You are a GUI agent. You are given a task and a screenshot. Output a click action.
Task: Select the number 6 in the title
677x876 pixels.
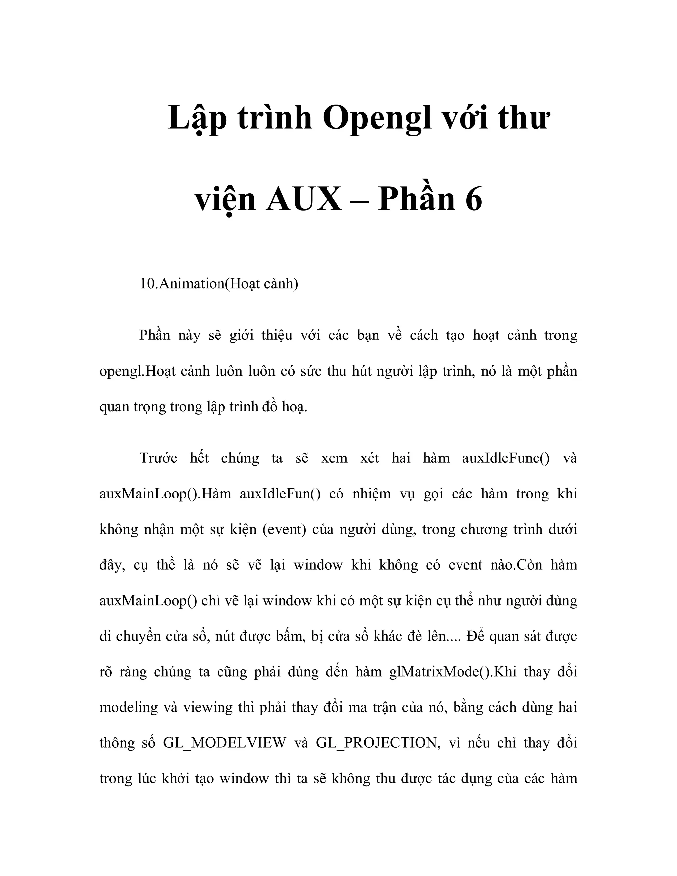pyautogui.click(x=474, y=199)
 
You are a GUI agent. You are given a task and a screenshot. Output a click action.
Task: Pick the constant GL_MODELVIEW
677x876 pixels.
pyautogui.click(x=224, y=743)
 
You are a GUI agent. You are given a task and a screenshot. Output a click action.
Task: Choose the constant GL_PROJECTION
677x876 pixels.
pyautogui.click(x=376, y=743)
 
